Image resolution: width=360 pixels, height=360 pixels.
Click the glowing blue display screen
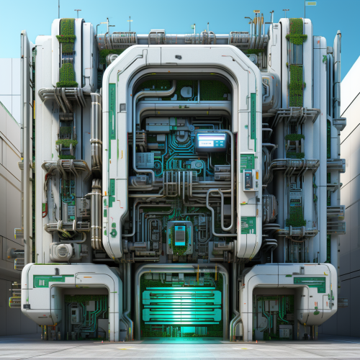[x=211, y=141]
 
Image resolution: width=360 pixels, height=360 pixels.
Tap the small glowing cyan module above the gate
[x=179, y=235]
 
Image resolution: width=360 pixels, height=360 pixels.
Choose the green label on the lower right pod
[x=308, y=282]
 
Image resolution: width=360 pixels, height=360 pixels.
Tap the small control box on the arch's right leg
[x=248, y=180]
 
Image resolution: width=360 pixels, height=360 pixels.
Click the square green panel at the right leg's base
[x=248, y=225]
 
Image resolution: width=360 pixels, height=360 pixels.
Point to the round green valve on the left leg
[x=113, y=233]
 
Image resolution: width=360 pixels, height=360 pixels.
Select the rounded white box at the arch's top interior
[x=186, y=91]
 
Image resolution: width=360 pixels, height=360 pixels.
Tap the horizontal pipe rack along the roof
[x=180, y=38]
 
